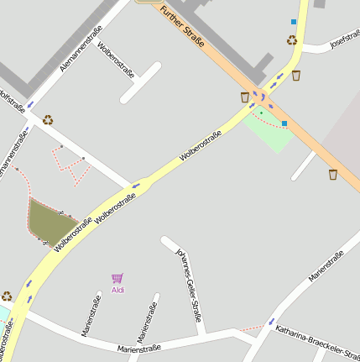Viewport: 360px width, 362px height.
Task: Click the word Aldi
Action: point(117,291)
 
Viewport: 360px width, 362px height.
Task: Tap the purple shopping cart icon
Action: point(117,278)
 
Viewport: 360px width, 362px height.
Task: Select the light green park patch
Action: point(270,128)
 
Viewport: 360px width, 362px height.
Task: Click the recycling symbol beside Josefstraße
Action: point(292,39)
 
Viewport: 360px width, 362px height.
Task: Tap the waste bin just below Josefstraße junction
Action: point(296,76)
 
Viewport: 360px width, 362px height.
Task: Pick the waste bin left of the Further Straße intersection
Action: point(245,97)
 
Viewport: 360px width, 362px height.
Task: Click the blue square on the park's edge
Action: point(284,123)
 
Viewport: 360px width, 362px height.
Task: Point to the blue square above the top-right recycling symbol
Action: point(294,22)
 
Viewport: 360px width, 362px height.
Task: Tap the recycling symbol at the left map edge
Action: point(7,296)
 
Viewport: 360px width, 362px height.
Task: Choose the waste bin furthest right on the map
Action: point(333,175)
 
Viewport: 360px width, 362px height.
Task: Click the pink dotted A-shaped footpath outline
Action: point(72,164)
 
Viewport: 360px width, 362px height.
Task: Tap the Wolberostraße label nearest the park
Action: point(201,146)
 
